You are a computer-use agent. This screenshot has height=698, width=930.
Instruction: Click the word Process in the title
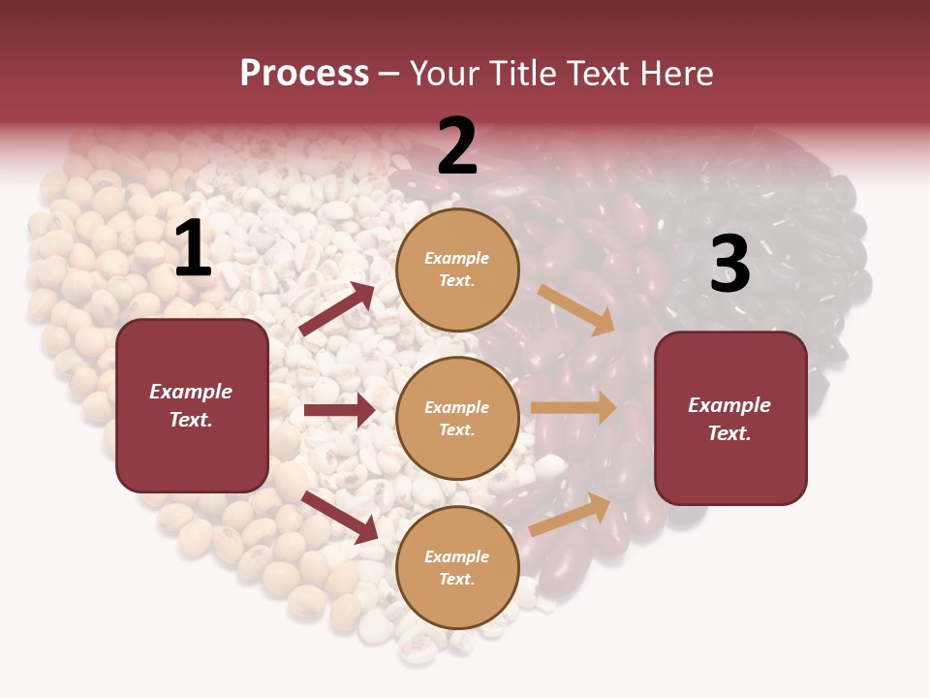(304, 73)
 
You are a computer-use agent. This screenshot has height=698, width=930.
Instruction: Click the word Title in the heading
(524, 73)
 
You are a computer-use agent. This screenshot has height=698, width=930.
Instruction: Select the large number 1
(193, 249)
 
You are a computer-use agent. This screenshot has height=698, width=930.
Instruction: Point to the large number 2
(457, 146)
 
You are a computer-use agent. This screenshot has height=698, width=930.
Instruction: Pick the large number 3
(729, 265)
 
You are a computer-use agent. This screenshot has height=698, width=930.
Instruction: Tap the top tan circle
(457, 270)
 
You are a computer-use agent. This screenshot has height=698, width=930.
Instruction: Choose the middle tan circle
(457, 418)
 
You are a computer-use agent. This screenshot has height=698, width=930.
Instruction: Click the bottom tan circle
(457, 567)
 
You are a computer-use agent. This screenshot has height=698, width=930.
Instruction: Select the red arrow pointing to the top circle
(337, 309)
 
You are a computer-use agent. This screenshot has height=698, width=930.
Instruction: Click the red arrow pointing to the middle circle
(340, 410)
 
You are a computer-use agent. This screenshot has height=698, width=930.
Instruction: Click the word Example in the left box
(191, 392)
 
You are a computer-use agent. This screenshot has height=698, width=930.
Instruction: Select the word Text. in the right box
(729, 433)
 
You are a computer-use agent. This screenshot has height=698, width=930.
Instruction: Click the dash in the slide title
(389, 74)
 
